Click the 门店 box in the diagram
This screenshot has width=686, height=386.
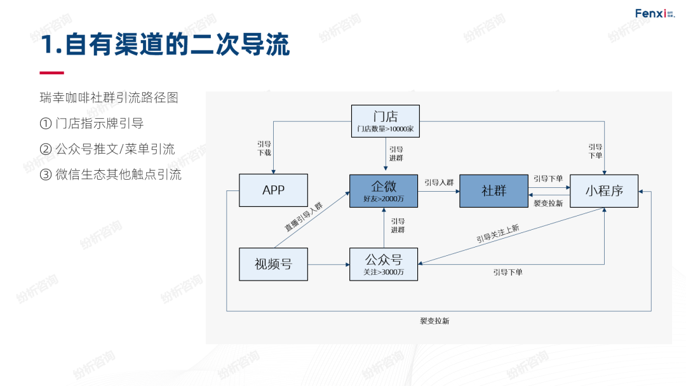[386, 121]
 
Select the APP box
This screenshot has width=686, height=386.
[273, 190]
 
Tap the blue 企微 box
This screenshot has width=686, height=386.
[384, 190]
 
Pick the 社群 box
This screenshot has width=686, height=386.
[494, 190]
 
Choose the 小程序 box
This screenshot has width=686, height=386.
[603, 190]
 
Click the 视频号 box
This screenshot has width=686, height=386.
[273, 264]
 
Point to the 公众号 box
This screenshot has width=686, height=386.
[384, 264]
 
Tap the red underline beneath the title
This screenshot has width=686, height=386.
[51, 73]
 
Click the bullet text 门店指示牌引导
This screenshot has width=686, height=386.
[96, 123]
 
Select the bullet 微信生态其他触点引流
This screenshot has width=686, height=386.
[111, 175]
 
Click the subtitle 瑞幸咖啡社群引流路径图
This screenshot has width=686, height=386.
[109, 98]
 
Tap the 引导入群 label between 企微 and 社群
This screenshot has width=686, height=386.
[439, 182]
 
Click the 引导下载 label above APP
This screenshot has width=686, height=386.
[264, 149]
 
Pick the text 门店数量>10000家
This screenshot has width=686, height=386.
[386, 129]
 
